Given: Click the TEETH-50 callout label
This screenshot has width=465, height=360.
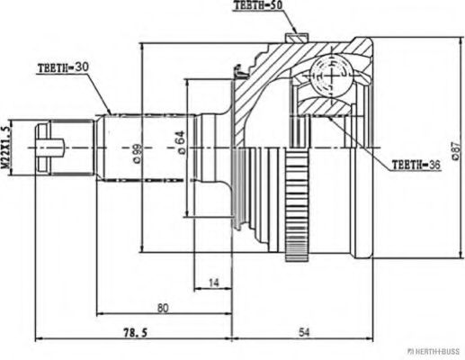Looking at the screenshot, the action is tap(258, 5).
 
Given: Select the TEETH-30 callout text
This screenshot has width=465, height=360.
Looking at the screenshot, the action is tap(63, 67).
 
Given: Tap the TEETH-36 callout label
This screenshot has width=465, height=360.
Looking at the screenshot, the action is tap(416, 165).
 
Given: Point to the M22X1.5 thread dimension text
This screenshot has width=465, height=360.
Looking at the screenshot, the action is tap(5, 147).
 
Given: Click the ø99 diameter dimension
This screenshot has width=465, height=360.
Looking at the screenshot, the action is tap(138, 154).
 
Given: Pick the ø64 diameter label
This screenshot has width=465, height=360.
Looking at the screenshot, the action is tap(182, 143).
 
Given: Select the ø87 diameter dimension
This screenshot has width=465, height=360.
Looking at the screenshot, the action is tap(455, 151).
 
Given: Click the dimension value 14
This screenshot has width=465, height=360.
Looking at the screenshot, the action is tap(214, 282).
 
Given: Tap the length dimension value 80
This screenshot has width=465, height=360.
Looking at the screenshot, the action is tap(163, 308).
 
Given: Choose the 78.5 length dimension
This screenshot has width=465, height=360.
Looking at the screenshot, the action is tap(135, 332).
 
